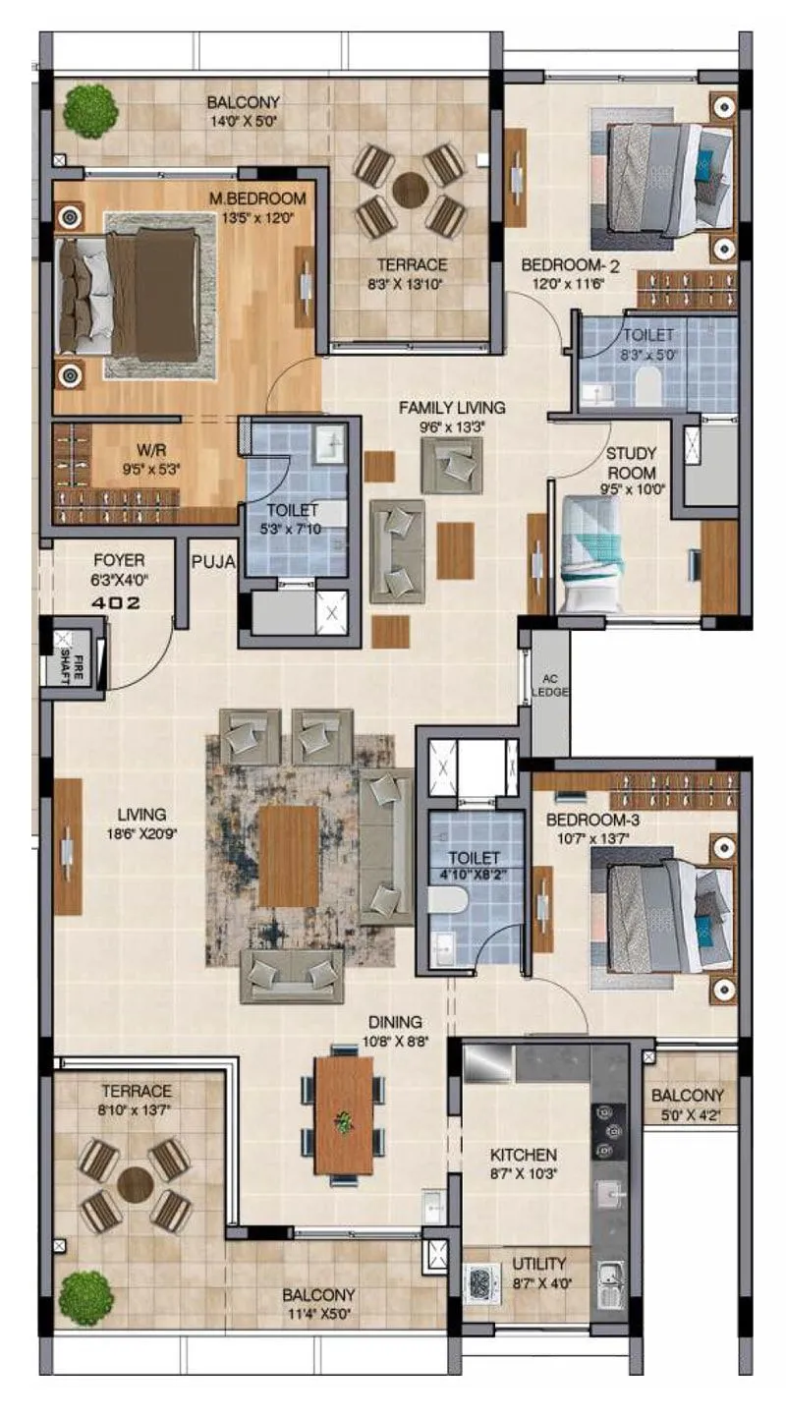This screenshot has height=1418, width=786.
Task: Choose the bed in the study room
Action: [590, 552]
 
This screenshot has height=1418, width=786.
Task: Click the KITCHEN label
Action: [525, 1155]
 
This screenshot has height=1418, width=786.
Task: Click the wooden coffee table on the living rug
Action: [289, 856]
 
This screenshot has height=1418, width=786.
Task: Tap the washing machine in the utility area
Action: [482, 1283]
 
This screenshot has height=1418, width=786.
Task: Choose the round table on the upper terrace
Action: [410, 190]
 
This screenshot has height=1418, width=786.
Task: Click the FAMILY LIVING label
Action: [452, 407]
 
